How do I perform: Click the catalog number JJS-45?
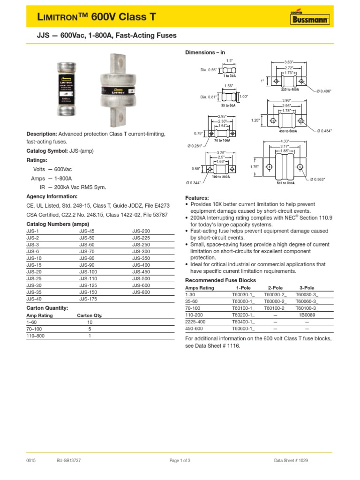coord(87,232)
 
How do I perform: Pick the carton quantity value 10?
coord(90,322)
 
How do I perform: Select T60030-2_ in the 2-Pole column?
coord(275,295)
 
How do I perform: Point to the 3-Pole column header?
coord(307,288)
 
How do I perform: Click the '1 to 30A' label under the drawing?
coord(229,75)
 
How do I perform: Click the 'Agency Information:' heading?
coord(52,196)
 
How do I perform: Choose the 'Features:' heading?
coord(197,198)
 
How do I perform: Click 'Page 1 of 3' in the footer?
coord(180,460)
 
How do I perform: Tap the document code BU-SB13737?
coord(68,460)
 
